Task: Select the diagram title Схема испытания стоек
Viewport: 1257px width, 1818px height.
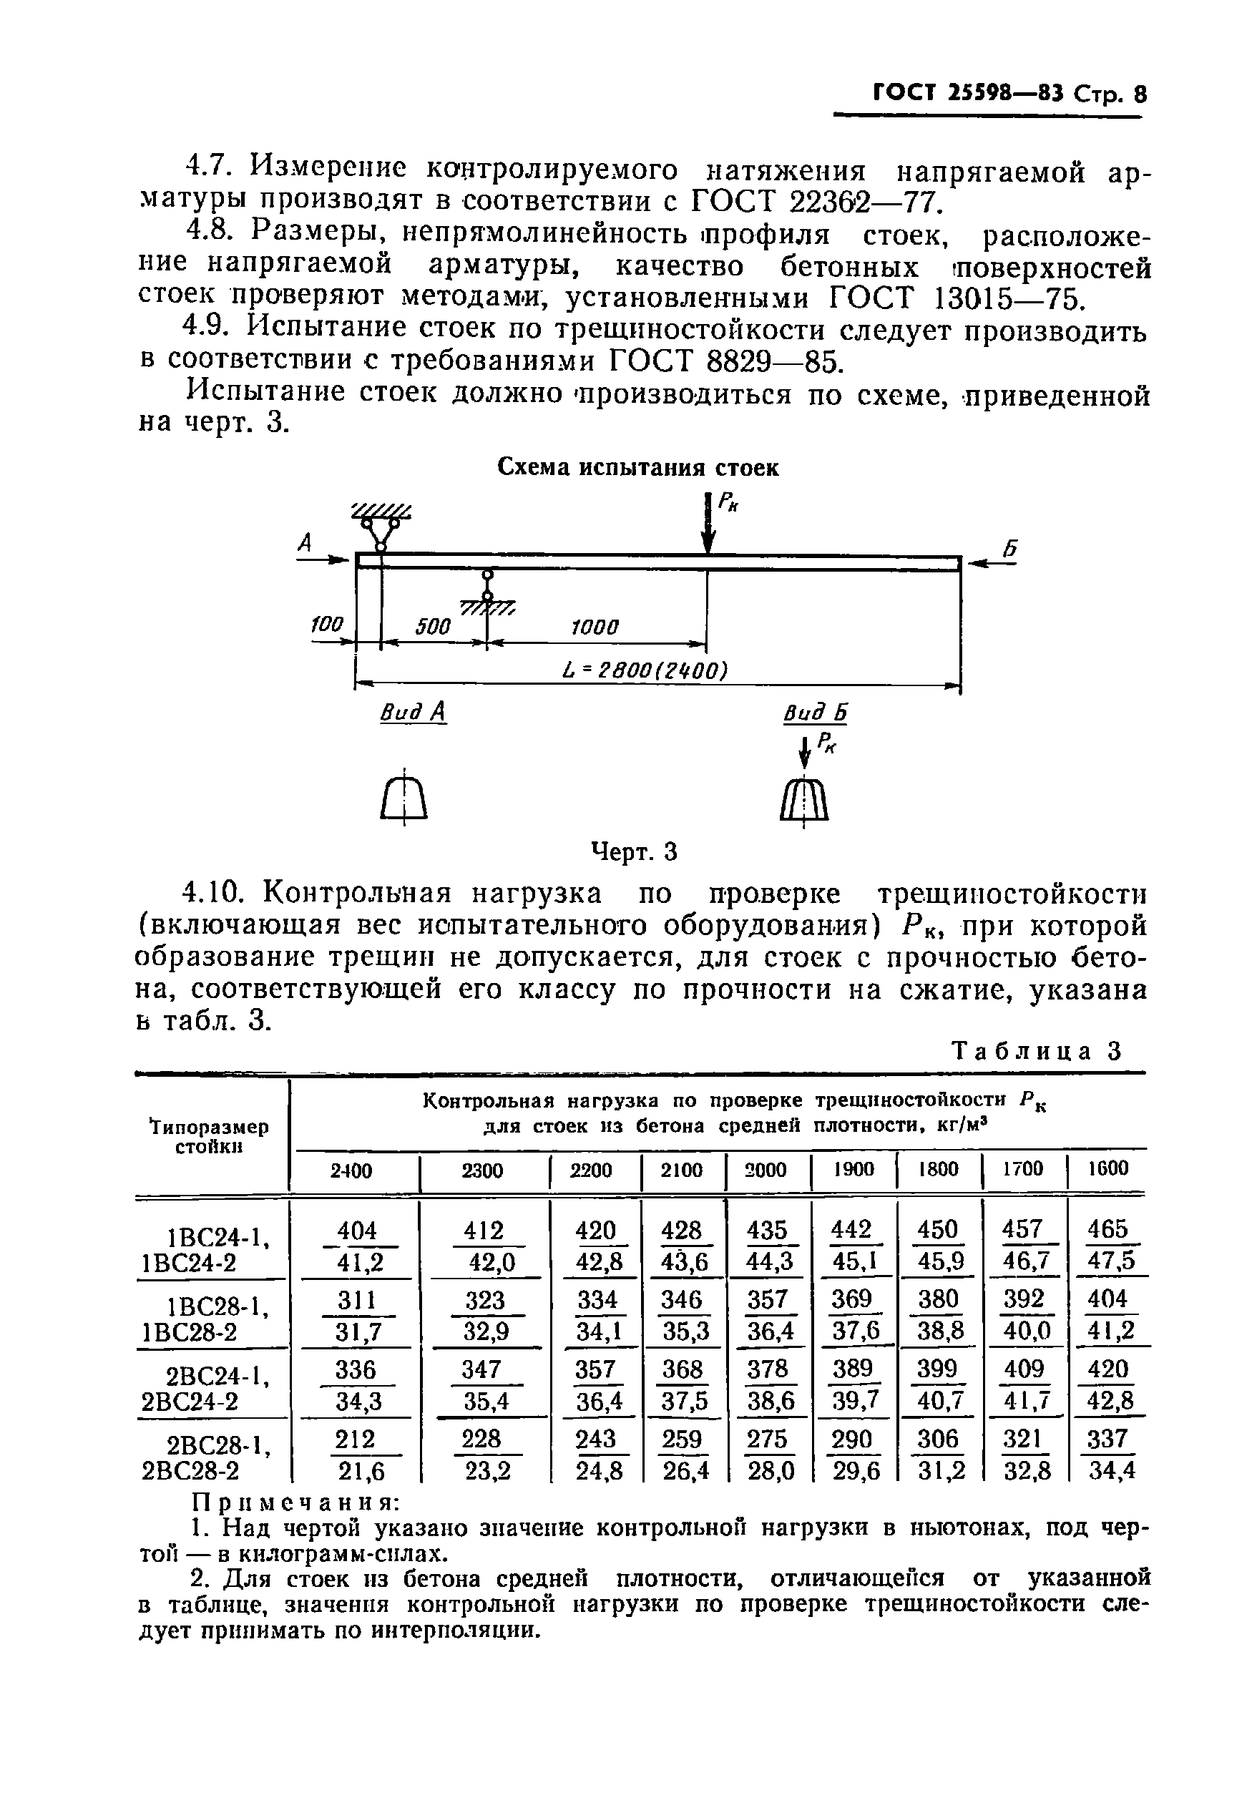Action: coord(638,468)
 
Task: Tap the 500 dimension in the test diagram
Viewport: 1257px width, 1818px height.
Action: coord(432,627)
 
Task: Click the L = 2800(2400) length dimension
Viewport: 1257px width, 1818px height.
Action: coord(645,670)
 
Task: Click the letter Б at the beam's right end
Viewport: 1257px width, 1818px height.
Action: coord(1009,549)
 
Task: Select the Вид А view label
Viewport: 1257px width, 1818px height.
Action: coord(413,713)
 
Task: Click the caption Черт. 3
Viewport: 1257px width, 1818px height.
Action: coord(634,851)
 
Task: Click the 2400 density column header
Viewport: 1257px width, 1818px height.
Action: coord(351,1171)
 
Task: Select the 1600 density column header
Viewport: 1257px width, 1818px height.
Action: coord(1107,1168)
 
